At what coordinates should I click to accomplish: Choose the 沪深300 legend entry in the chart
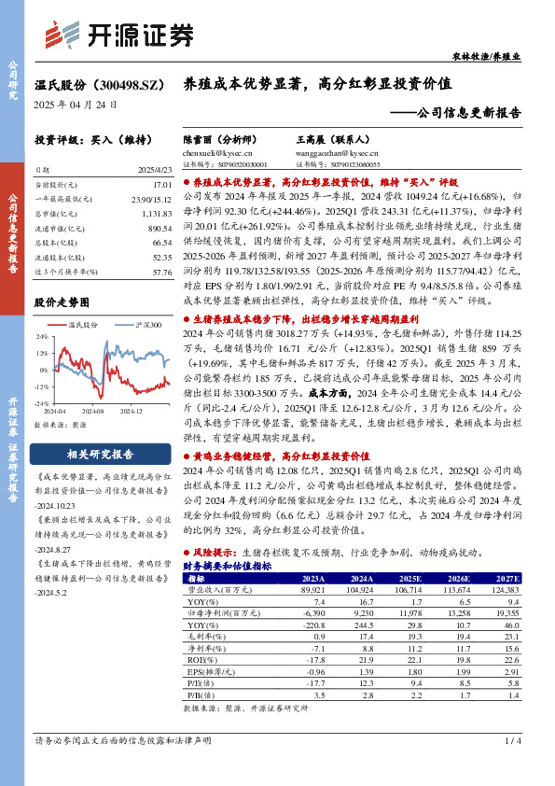142,324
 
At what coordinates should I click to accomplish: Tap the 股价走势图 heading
62,302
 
